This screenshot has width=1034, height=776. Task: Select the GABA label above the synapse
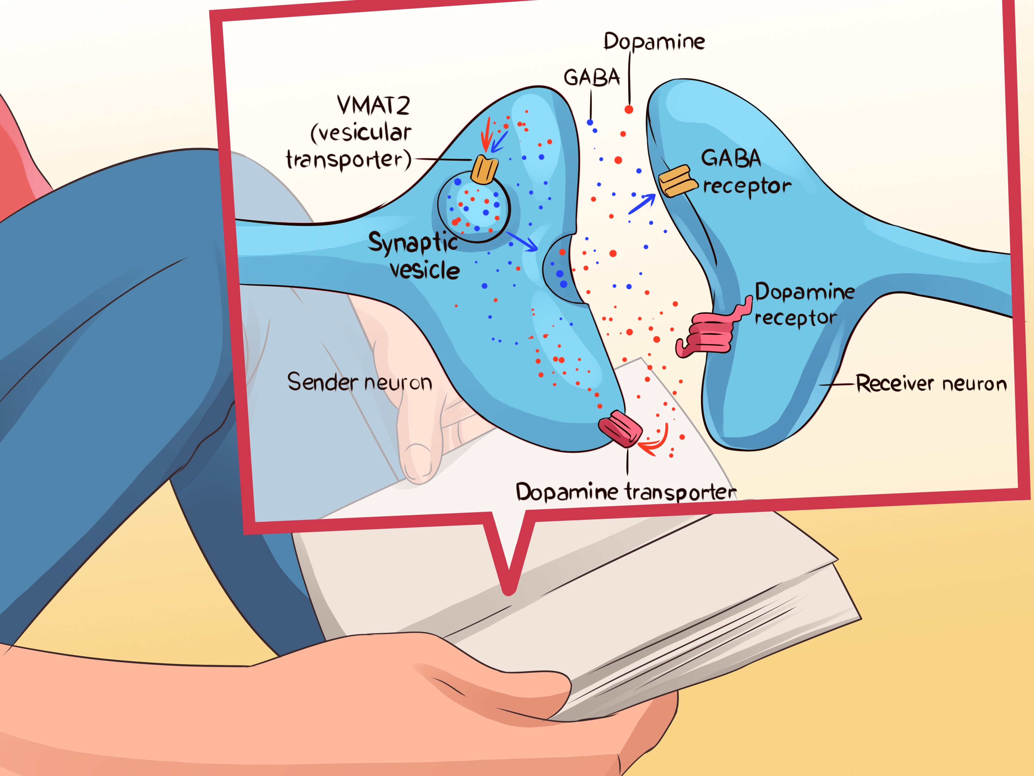point(592,77)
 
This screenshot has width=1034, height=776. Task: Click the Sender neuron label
point(359,382)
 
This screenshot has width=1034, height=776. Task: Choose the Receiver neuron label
point(931,383)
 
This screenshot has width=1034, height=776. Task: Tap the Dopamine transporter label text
point(626,492)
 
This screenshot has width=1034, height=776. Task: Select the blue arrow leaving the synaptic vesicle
point(522,241)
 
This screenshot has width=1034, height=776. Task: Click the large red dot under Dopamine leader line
point(629,110)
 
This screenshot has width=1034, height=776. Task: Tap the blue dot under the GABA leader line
point(590,123)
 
